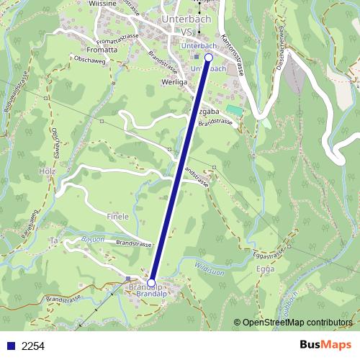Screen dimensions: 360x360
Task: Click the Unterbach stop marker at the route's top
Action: point(209,57)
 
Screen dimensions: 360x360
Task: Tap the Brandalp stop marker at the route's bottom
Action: point(151,282)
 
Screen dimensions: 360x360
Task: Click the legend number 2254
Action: point(33,346)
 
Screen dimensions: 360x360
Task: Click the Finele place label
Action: point(117,216)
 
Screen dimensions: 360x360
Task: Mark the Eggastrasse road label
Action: point(266,249)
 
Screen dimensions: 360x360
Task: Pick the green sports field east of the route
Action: point(234,110)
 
